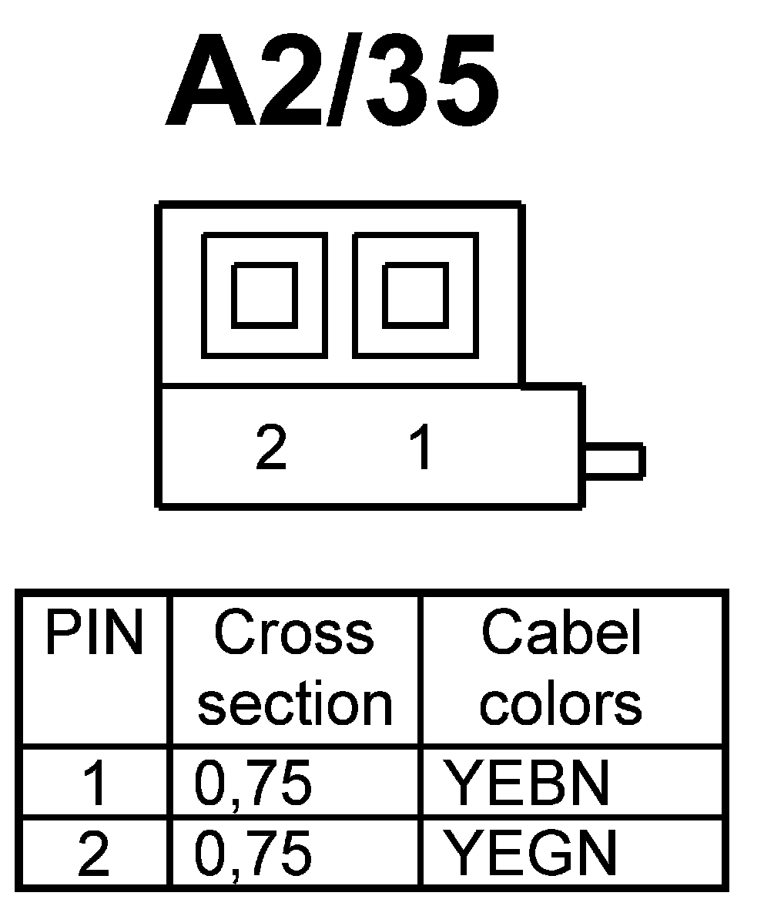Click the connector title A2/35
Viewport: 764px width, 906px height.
tap(331, 81)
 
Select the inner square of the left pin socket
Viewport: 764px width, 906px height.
tap(264, 294)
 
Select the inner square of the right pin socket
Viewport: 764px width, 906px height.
tap(415, 294)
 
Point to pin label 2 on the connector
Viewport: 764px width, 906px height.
tap(271, 448)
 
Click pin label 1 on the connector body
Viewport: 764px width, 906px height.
tap(421, 448)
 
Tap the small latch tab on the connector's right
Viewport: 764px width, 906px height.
tap(614, 461)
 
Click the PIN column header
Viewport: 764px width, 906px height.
tap(95, 633)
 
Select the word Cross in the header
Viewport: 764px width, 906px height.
tap(294, 633)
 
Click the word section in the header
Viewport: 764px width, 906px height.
tap(296, 704)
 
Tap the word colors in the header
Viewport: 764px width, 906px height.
tap(561, 704)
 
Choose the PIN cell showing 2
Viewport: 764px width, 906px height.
tap(95, 854)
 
